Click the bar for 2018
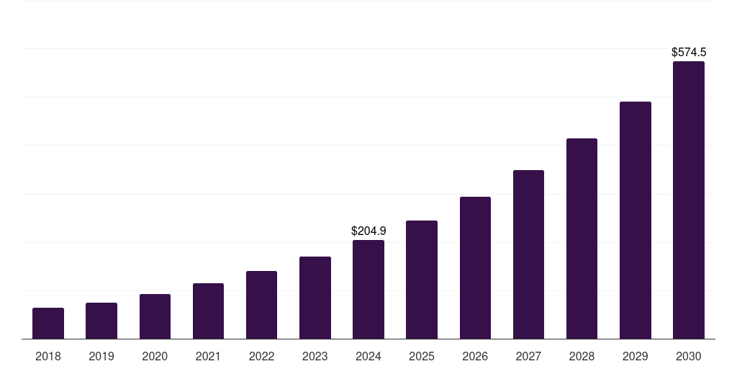point(48,324)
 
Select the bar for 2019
point(101,321)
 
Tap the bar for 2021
point(208,311)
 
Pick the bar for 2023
point(315,298)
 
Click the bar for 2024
point(368,290)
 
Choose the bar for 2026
point(475,268)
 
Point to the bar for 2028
point(582,239)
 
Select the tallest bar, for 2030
point(689,200)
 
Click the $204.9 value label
point(368,231)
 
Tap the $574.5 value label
point(689,53)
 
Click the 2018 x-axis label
point(48,357)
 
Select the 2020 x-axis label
point(155,357)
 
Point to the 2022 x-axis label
point(261,357)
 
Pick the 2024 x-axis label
point(368,357)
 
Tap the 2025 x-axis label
point(422,357)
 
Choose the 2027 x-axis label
point(528,357)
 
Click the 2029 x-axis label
point(635,357)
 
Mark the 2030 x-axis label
point(689,357)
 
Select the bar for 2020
point(155,316)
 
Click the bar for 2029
point(635,221)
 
